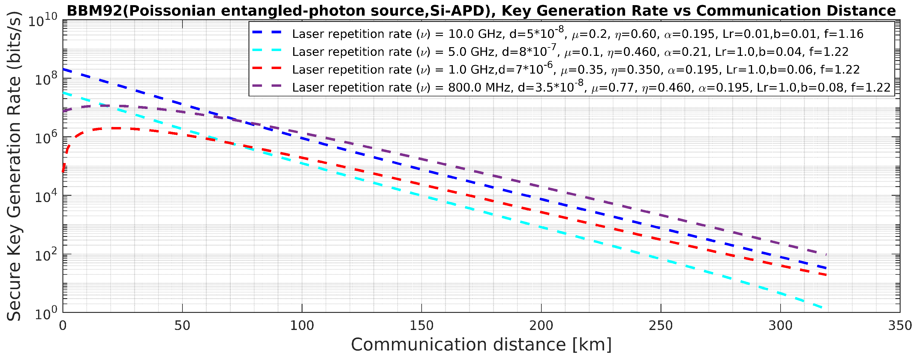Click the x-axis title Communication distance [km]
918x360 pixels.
point(481,345)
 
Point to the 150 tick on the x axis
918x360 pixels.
point(422,325)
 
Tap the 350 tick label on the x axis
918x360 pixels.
point(900,325)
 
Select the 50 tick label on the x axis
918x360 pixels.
point(182,325)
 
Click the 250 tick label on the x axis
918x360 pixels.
point(661,325)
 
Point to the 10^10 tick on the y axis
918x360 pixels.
point(42,20)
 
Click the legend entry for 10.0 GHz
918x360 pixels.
point(577,34)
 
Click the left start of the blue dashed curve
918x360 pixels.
point(63,69)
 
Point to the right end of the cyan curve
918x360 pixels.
point(821,307)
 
